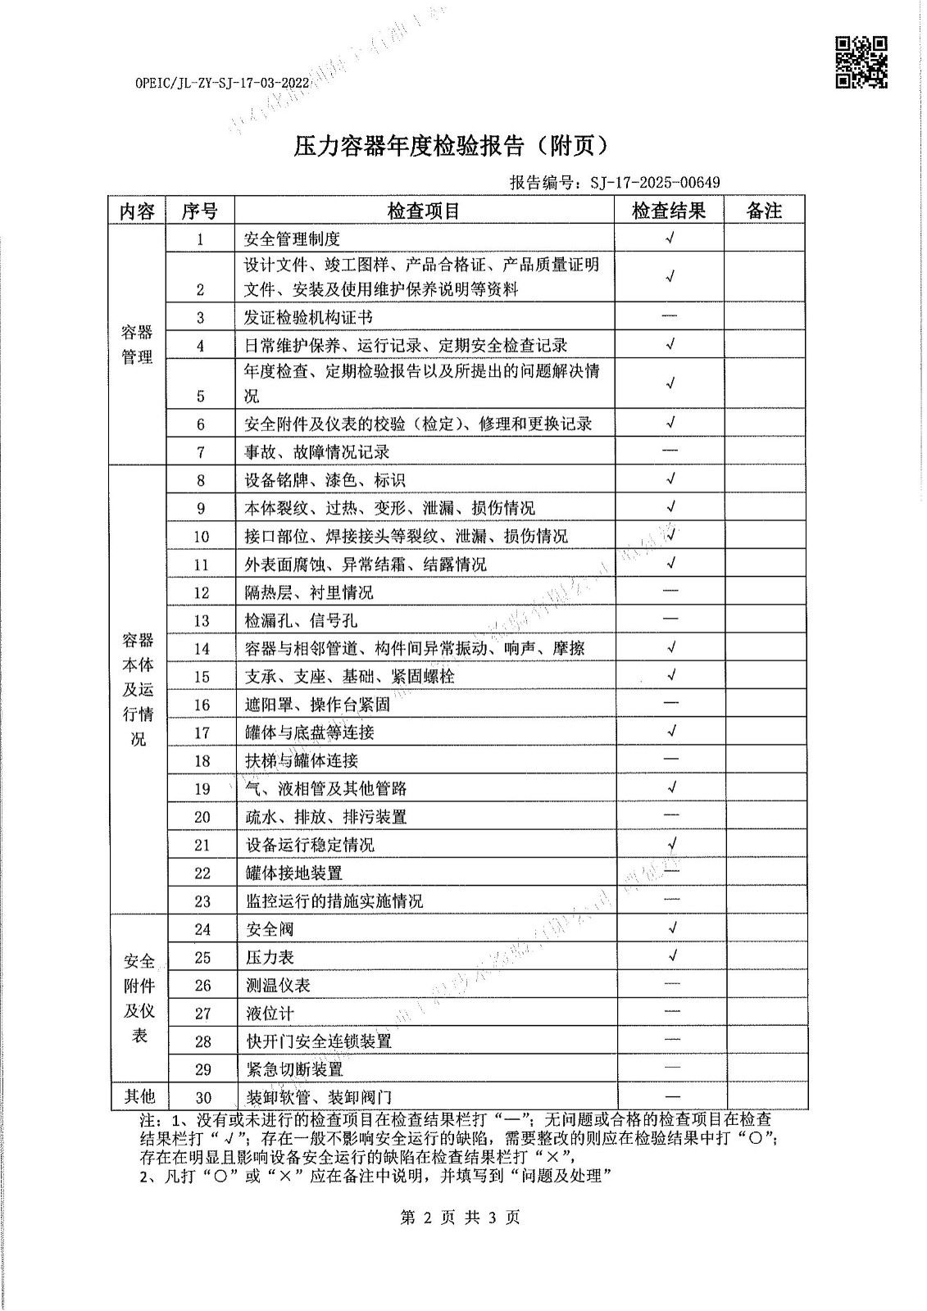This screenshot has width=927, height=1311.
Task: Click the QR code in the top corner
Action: (x=861, y=61)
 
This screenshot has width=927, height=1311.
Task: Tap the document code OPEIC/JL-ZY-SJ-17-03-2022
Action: (x=221, y=84)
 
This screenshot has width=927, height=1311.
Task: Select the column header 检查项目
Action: (x=424, y=211)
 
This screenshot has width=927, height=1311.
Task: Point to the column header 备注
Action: (x=764, y=211)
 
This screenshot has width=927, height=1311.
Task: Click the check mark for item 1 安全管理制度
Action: (x=670, y=238)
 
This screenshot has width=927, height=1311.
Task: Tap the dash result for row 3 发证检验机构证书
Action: (x=670, y=316)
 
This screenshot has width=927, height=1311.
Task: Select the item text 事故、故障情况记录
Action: (x=317, y=451)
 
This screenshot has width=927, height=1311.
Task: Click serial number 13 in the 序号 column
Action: (x=202, y=621)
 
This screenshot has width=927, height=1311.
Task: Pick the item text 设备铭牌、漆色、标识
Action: (x=325, y=480)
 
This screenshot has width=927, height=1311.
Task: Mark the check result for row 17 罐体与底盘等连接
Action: (x=671, y=731)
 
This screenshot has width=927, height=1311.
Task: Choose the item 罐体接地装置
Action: (x=294, y=873)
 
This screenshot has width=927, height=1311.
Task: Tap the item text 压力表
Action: (x=270, y=957)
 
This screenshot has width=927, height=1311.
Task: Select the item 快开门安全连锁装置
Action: (x=319, y=1041)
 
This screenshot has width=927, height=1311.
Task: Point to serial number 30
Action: (x=202, y=1098)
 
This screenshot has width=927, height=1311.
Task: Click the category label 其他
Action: (x=139, y=1096)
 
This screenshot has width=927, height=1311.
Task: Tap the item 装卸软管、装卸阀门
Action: (x=319, y=1098)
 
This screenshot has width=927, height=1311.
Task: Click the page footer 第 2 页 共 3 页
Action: (x=460, y=1217)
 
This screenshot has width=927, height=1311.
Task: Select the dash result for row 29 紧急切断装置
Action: (x=671, y=1068)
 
